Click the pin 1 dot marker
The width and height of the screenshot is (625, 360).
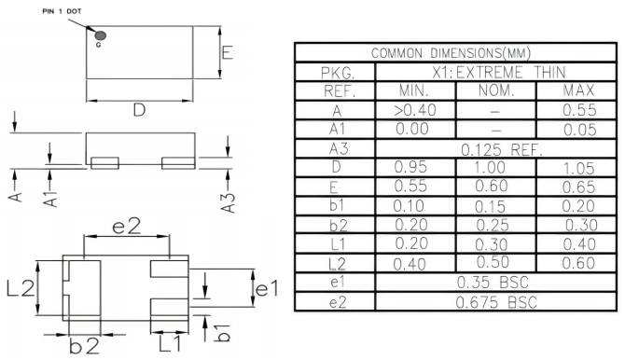pos(100,35)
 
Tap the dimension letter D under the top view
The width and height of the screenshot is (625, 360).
pos(138,110)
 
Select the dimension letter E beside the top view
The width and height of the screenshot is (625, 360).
pos(228,53)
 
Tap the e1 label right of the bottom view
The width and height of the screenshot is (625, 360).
pos(267,290)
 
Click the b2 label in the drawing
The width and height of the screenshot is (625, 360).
pos(83,346)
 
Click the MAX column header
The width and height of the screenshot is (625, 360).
pos(580,90)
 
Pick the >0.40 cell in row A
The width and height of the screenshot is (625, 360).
pos(414,110)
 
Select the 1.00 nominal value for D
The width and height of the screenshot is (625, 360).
pos(495,167)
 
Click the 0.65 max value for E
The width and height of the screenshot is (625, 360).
pos(580,187)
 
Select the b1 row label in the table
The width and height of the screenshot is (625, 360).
pos(333,205)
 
